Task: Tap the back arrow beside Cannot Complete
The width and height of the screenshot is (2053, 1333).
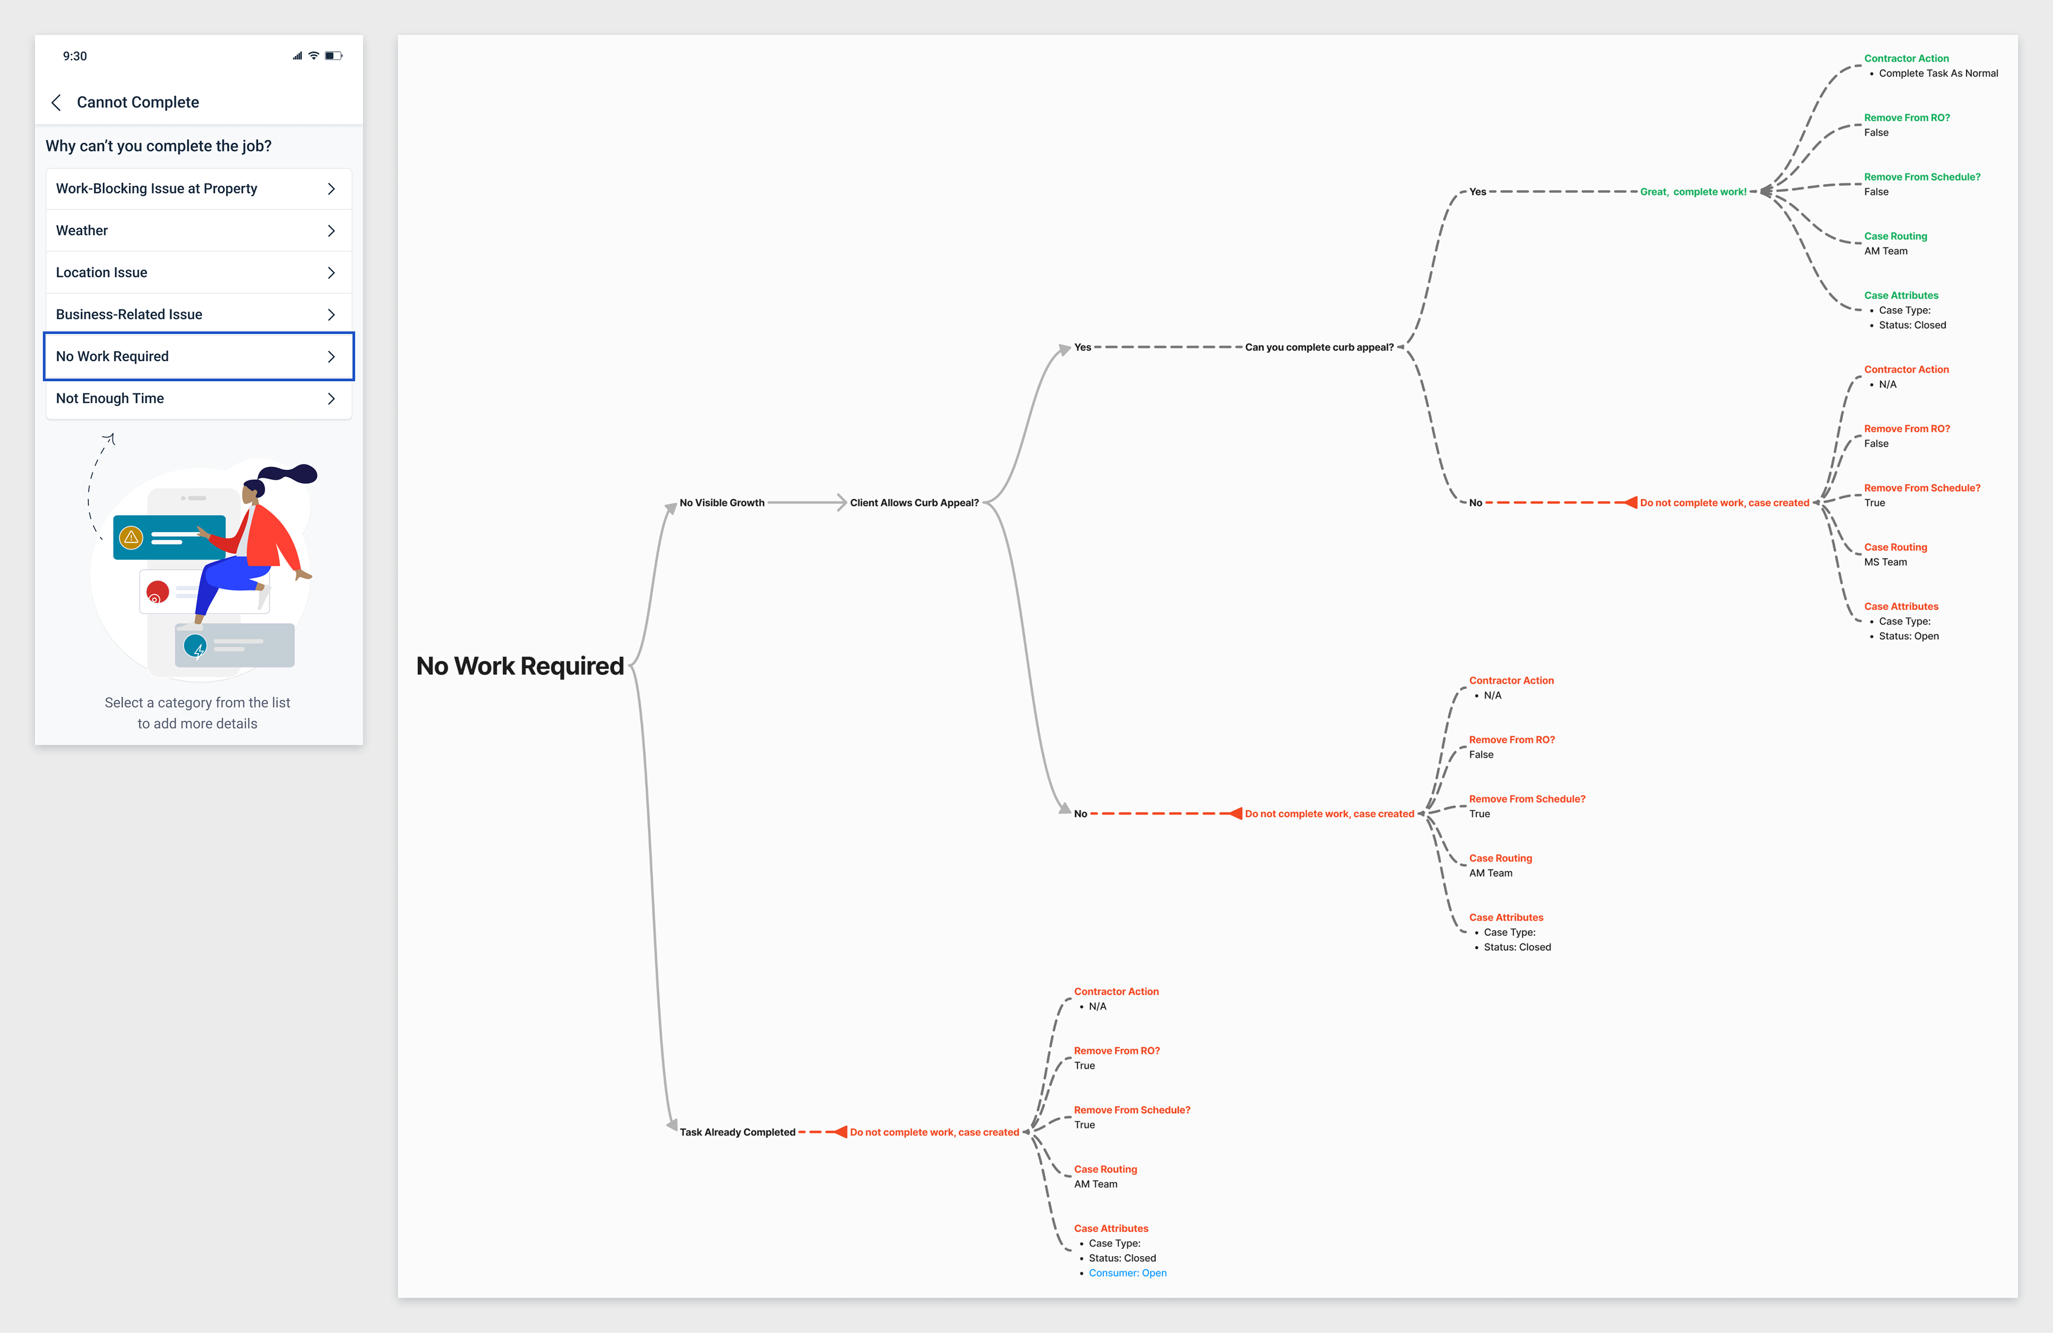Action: [x=56, y=103]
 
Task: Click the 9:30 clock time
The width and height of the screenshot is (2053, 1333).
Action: [x=75, y=56]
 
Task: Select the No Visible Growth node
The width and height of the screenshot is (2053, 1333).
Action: [x=721, y=502]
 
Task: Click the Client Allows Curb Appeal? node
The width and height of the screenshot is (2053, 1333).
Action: [x=914, y=502]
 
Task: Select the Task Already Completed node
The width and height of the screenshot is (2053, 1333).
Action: [x=737, y=1132]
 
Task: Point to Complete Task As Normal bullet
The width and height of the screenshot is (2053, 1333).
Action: [x=1938, y=73]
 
